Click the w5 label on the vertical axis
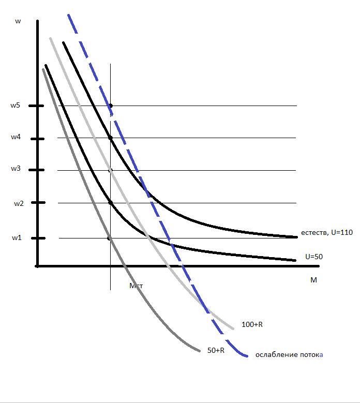point(15,106)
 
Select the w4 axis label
point(15,138)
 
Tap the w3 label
point(15,169)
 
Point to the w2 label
point(19,203)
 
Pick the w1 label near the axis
point(17,238)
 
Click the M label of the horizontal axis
point(313,280)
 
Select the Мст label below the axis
point(136,286)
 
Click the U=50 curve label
point(314,257)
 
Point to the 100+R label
point(252,324)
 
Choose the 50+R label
point(216,350)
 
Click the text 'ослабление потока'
point(289,355)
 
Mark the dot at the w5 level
point(110,106)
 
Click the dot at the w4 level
point(110,138)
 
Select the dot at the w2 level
point(110,202)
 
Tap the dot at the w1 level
point(110,238)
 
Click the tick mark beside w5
point(37,106)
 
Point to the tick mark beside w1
point(37,238)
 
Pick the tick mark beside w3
point(37,170)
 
